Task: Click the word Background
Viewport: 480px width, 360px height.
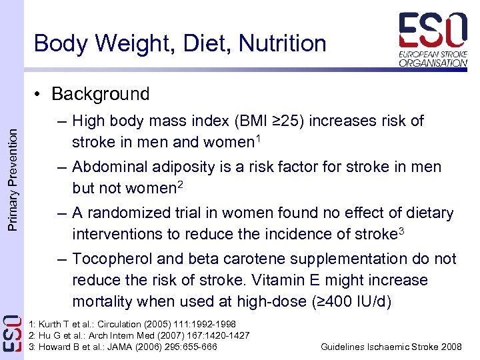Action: click(101, 94)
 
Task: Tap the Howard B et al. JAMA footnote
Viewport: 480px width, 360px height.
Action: click(123, 347)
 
